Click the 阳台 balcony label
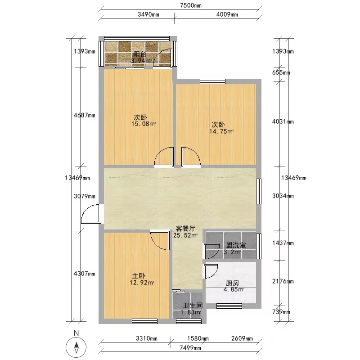tap(140, 54)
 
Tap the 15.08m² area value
tap(144, 124)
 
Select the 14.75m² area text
tap(221, 131)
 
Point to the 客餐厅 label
tap(185, 229)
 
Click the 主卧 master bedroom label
tap(139, 276)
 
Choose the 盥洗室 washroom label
tap(236, 245)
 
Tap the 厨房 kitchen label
tap(232, 283)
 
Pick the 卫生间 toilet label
tap(193, 306)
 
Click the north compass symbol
tap(76, 346)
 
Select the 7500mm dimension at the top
tap(190, 5)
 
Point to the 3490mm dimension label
tap(148, 14)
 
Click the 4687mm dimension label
tap(85, 115)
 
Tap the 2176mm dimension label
tap(283, 281)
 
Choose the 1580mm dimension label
tap(198, 338)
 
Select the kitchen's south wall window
tap(229, 306)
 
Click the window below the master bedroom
tap(144, 321)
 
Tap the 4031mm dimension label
tap(283, 121)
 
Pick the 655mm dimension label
tap(281, 73)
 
